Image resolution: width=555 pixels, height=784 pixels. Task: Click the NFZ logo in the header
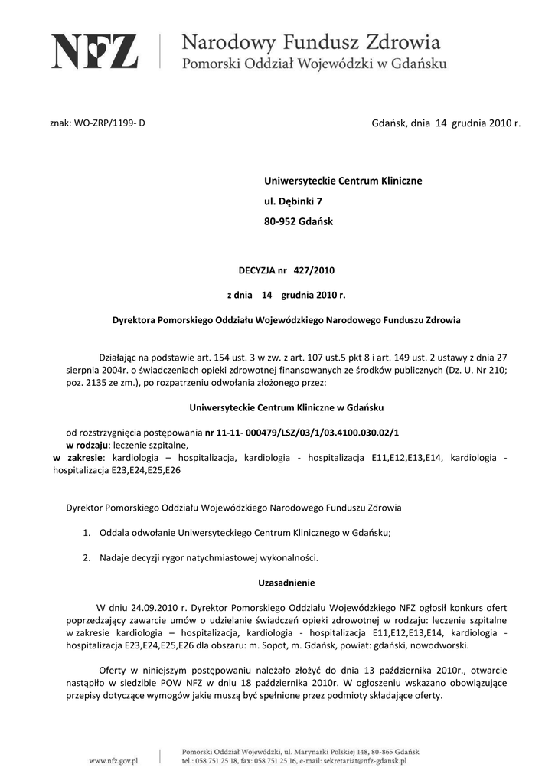coord(95,51)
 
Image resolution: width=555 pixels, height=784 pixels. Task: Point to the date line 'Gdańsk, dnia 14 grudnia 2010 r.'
coord(446,122)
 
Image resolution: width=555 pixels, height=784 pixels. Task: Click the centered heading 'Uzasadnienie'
coord(286,582)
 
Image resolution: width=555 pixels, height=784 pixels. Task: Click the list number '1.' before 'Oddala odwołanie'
coord(87,533)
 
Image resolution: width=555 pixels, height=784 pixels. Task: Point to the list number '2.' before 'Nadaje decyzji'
coord(87,557)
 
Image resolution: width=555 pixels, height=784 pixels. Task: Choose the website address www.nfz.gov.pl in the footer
coord(113,761)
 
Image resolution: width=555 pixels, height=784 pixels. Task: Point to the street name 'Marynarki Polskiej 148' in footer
coord(341,752)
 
